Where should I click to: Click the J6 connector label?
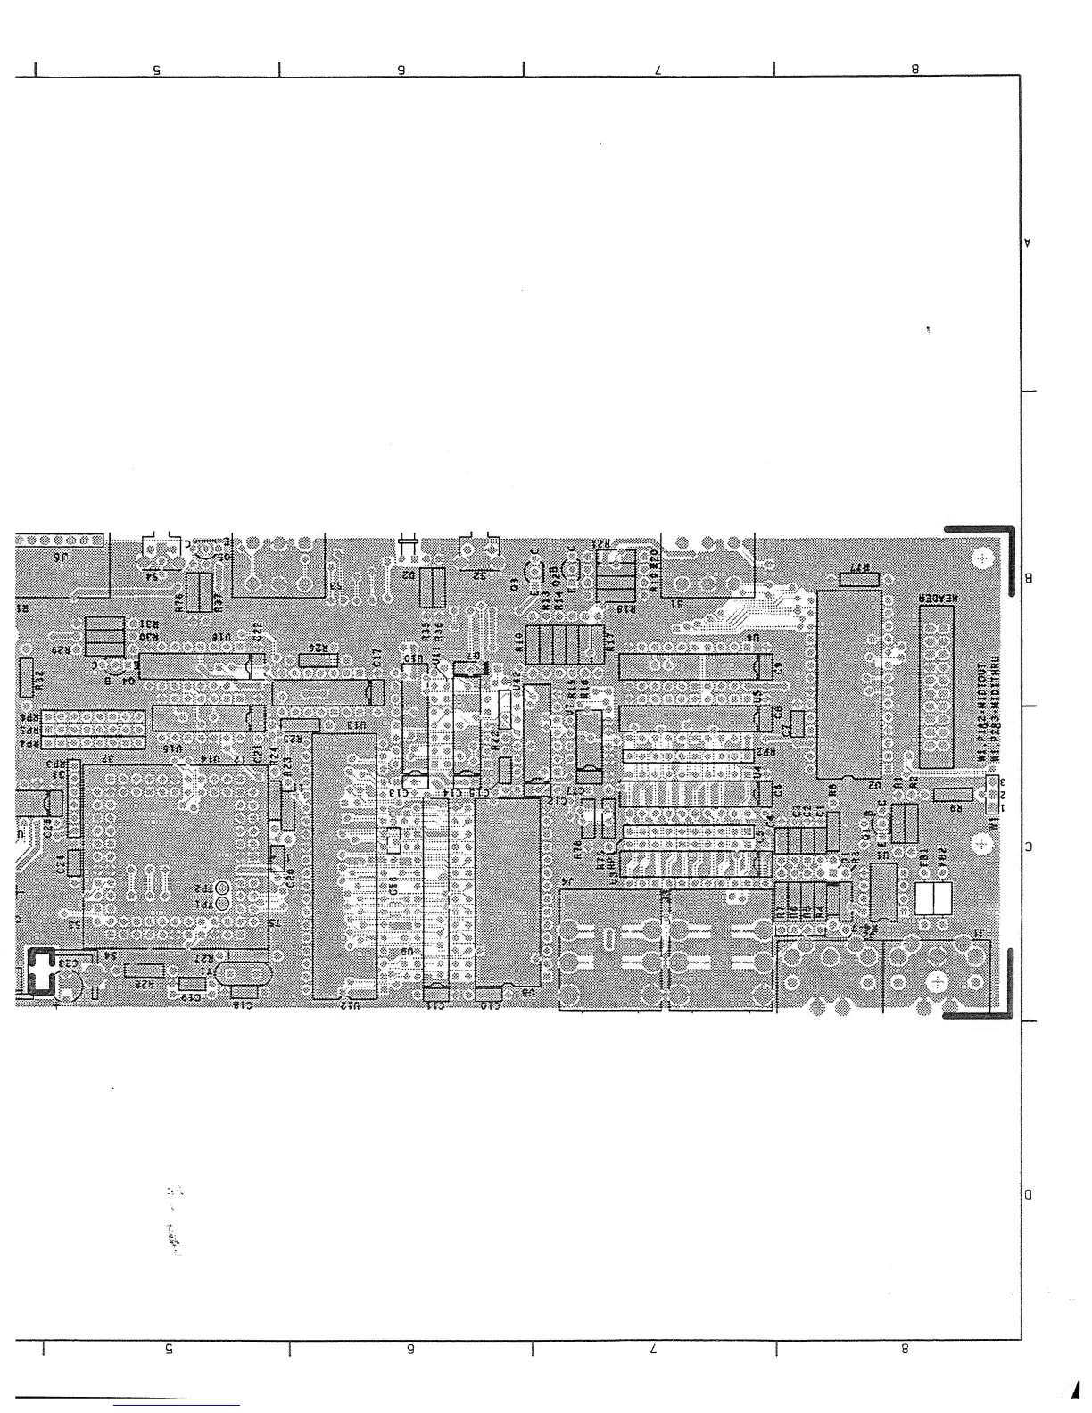(61, 557)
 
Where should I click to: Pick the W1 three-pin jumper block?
(990, 794)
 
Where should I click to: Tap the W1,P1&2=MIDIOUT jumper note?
(981, 714)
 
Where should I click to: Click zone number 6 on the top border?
(401, 70)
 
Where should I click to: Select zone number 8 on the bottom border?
(905, 1350)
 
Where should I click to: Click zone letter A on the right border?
(1028, 243)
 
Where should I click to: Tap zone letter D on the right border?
(1028, 1194)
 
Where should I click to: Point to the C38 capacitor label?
(393, 887)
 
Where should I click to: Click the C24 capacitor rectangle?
(74, 863)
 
